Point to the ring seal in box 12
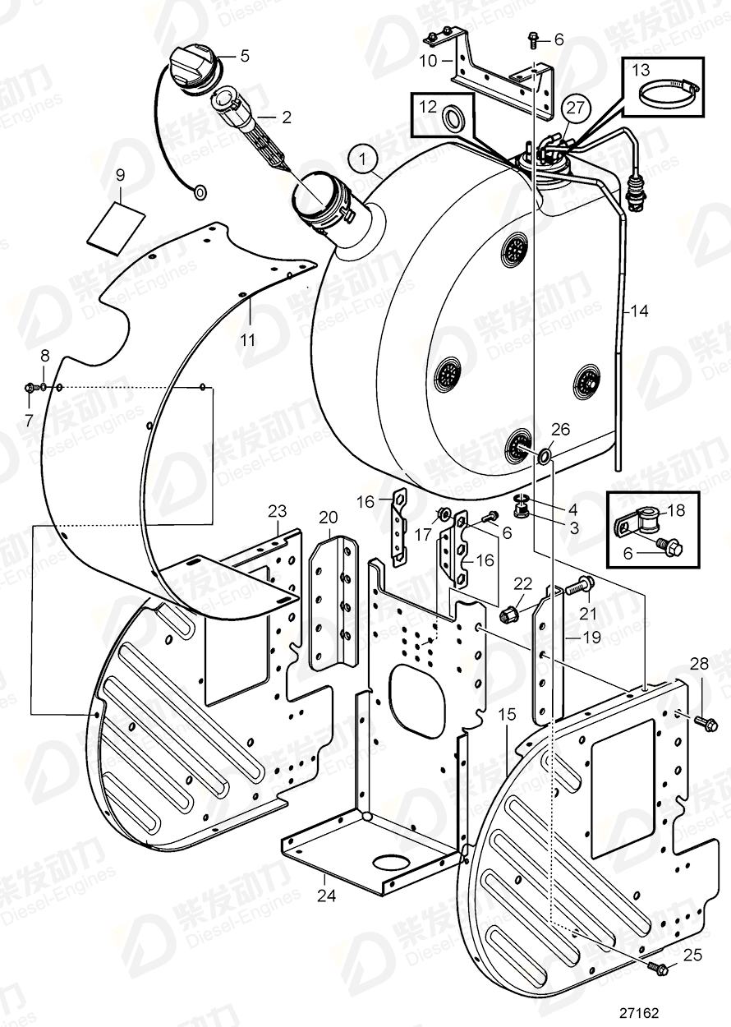pyautogui.click(x=453, y=119)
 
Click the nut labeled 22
pyautogui.click(x=508, y=613)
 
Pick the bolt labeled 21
pyautogui.click(x=580, y=586)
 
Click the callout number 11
pyautogui.click(x=247, y=338)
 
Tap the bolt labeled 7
pyautogui.click(x=30, y=388)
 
